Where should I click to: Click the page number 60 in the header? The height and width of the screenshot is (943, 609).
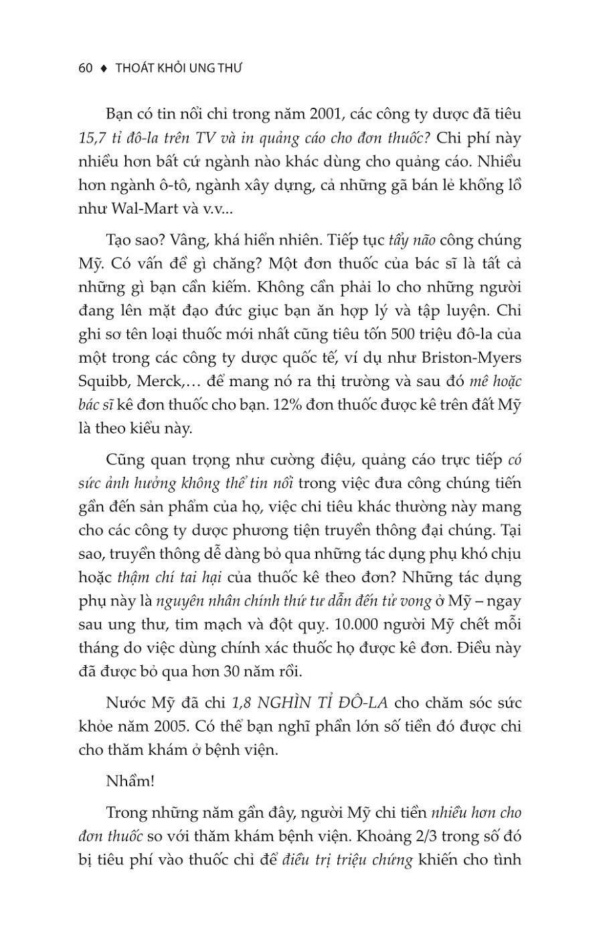pos(85,68)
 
